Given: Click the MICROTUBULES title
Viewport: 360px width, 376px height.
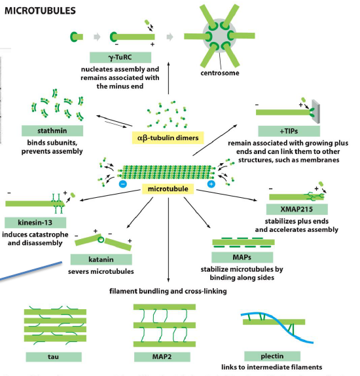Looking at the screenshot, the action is [40, 10].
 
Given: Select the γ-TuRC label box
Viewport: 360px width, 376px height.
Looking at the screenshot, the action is [120, 57].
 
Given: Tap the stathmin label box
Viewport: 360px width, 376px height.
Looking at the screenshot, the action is [52, 131].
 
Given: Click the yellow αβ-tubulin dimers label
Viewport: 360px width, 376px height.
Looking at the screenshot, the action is [168, 138].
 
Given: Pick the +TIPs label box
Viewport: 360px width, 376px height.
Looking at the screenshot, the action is [289, 131].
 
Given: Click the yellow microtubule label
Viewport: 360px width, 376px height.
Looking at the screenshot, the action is [168, 189].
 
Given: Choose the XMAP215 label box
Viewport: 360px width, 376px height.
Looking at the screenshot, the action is [297, 209].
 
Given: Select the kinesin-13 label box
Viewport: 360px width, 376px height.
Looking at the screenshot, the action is [35, 223].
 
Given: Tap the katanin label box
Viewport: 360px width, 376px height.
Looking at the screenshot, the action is [101, 259].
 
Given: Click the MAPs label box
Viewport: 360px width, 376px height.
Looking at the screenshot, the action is [242, 257].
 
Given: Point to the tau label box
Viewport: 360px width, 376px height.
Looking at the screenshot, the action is [54, 357].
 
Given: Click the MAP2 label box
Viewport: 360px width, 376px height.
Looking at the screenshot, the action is [162, 357].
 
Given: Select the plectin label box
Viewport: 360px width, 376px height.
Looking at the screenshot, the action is [272, 356].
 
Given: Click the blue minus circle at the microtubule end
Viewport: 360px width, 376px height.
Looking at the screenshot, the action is [123, 184].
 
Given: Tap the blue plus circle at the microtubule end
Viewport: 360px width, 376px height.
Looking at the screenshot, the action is [211, 184].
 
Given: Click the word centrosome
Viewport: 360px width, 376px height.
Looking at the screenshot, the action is [220, 73].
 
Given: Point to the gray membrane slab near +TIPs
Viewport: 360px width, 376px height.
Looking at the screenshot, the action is [316, 111].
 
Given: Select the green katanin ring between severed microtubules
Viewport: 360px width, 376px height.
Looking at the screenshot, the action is [101, 239].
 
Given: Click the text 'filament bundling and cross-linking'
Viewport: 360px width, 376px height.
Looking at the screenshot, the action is [168, 291].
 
